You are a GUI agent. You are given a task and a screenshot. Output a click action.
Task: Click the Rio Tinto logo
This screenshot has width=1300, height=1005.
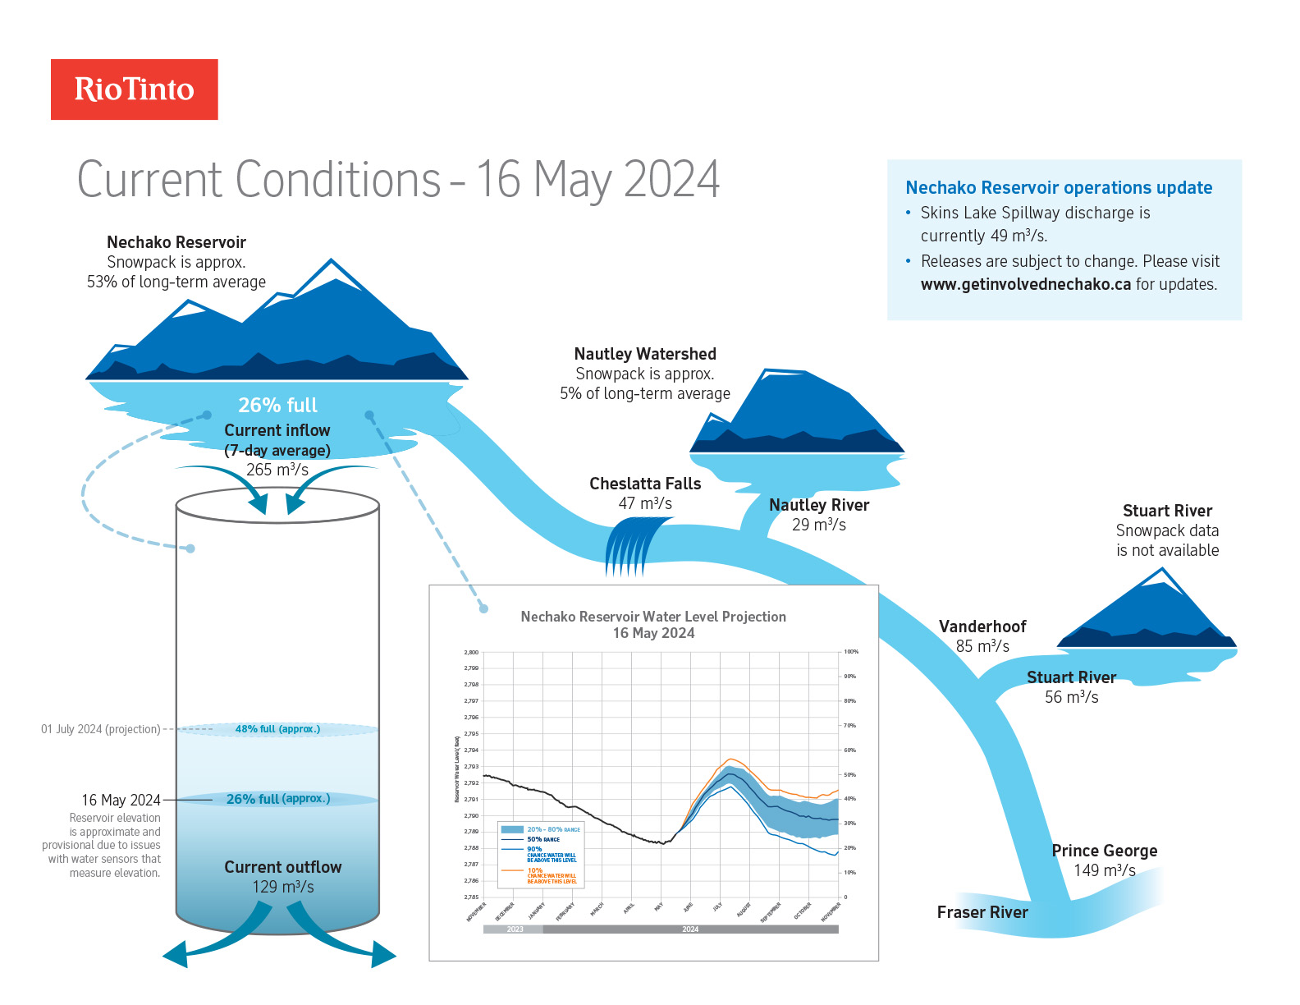click(x=135, y=89)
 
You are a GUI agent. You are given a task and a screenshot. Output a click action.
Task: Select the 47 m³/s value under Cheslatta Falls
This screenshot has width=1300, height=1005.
click(x=645, y=503)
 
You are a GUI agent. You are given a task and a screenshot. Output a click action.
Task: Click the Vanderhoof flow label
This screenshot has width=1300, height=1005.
click(x=982, y=636)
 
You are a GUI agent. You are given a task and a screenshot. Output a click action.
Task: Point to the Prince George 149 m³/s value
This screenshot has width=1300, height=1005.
click(x=1105, y=870)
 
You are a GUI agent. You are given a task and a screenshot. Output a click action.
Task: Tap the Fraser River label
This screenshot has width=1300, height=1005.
click(x=982, y=912)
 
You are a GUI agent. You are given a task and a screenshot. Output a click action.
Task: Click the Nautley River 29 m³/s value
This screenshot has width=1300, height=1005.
click(x=818, y=525)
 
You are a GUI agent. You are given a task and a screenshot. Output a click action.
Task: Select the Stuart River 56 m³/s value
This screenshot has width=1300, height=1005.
click(x=1071, y=697)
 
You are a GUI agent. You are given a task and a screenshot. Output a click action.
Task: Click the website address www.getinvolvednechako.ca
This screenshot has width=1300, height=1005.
click(x=1025, y=284)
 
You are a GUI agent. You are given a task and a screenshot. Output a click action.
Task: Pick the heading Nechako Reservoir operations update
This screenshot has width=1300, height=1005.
click(x=1059, y=188)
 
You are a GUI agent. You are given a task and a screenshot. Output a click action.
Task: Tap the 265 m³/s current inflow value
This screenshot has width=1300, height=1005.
click(x=277, y=470)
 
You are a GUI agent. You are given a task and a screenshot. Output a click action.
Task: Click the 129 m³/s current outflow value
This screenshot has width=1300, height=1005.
click(x=283, y=887)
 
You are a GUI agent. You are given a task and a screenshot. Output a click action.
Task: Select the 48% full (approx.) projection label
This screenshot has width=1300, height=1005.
click(x=277, y=729)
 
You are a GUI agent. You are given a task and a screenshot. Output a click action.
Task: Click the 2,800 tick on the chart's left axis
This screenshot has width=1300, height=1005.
click(x=471, y=652)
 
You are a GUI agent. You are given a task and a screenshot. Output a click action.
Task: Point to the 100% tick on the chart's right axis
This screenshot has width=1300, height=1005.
click(x=851, y=652)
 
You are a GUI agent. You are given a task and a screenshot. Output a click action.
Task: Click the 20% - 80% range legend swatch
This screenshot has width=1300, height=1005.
click(x=512, y=829)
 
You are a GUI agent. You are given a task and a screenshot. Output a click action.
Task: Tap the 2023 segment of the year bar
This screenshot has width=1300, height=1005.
click(x=515, y=929)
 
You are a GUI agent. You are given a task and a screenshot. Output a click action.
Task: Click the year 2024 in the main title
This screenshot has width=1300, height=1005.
click(x=671, y=179)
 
